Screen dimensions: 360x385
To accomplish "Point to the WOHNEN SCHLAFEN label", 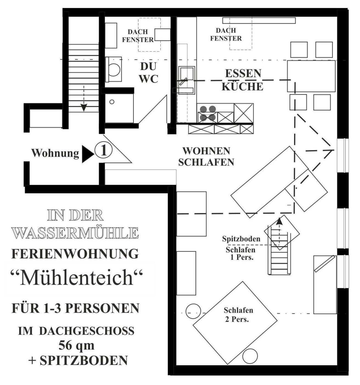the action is click(206, 157).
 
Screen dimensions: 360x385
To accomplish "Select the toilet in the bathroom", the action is click(114, 69).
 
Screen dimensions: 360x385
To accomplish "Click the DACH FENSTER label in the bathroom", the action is click(138, 36).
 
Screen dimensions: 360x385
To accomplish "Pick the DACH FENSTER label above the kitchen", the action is click(226, 34).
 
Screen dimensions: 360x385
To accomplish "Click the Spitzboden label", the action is click(241, 239).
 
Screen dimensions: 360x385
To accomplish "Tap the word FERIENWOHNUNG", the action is click(75, 254).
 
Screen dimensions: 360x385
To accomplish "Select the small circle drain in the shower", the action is click(112, 102).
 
